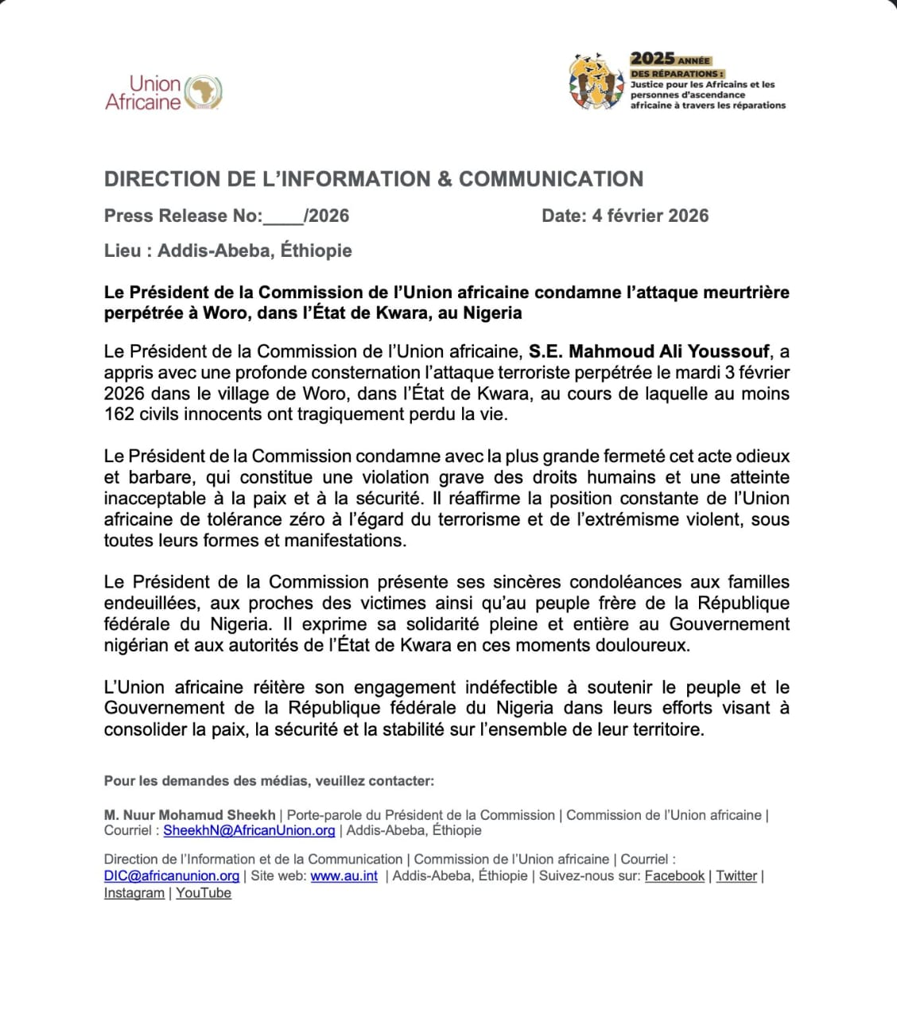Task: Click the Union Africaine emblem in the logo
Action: click(x=203, y=92)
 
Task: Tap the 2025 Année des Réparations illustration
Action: click(x=596, y=81)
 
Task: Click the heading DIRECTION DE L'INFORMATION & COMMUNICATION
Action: click(x=374, y=179)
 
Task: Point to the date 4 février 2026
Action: click(x=650, y=216)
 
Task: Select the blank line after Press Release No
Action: click(x=282, y=216)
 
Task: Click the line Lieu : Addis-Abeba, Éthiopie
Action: click(x=227, y=251)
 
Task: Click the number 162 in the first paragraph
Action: click(x=119, y=414)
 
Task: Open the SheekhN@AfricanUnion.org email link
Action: click(x=249, y=830)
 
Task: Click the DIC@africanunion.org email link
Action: click(x=172, y=876)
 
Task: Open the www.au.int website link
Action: click(x=344, y=876)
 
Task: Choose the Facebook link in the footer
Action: click(x=674, y=876)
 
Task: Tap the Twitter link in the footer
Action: click(x=736, y=876)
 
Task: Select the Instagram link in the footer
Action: click(x=134, y=893)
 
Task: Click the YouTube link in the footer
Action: click(x=204, y=893)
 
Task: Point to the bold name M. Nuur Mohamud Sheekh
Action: click(x=189, y=815)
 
